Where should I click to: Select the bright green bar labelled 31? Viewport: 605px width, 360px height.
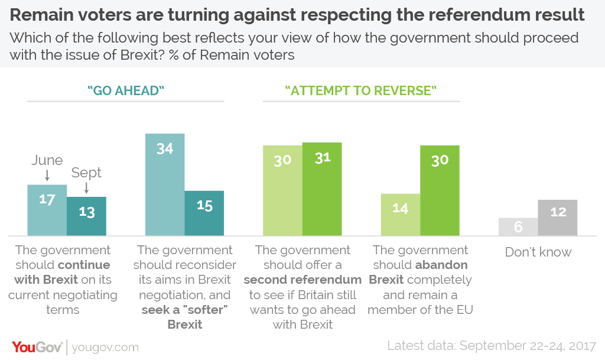(322, 189)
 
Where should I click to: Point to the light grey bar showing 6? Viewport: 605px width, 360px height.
(518, 227)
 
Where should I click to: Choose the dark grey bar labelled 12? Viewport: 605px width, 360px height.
(558, 218)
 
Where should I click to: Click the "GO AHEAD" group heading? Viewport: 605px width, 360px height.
(125, 90)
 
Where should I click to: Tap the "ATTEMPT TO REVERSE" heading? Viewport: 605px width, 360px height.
(360, 90)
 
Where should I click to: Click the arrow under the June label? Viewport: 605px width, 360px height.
(47, 175)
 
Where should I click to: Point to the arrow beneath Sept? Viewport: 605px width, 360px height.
(86, 188)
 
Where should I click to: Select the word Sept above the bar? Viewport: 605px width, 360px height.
(86, 173)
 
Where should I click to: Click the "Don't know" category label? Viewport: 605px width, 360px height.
(538, 252)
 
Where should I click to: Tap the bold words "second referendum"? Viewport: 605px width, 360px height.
(302, 280)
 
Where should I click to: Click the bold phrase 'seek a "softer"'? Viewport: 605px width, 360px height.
(184, 309)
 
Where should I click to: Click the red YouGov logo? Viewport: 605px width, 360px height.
(37, 347)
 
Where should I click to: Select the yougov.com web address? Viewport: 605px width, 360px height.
(105, 348)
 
